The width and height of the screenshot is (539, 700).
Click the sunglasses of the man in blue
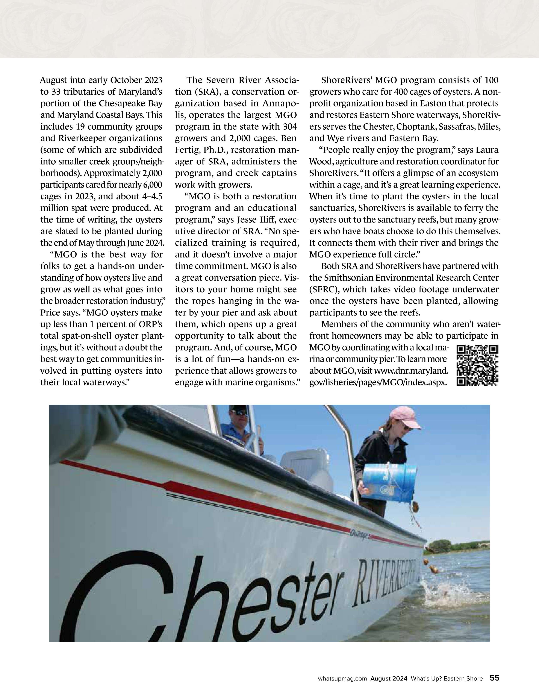(x=239, y=413)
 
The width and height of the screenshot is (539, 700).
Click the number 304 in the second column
(x=290, y=127)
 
